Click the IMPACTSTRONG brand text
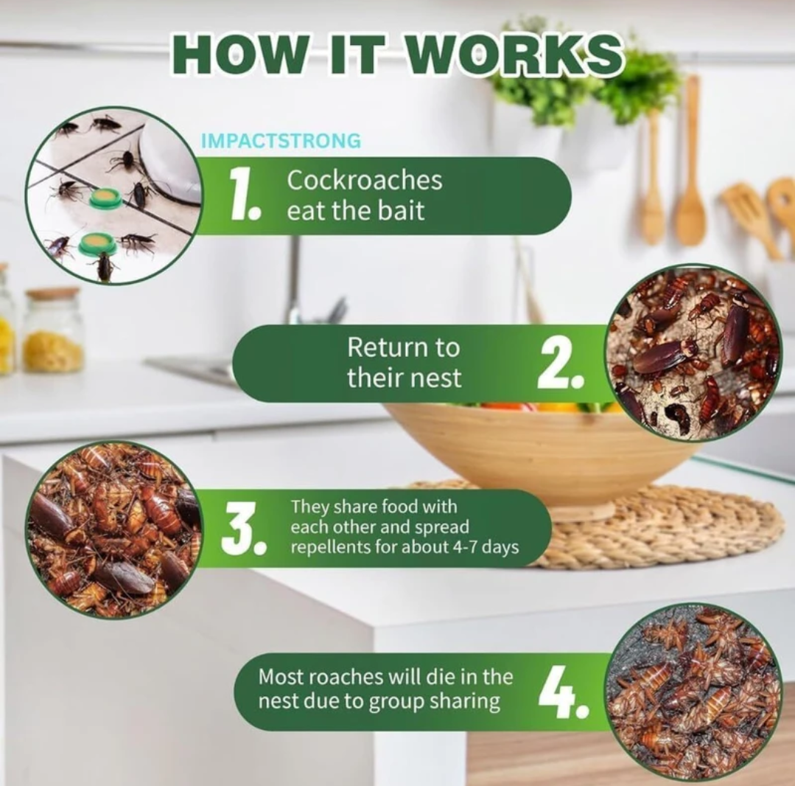point(281,141)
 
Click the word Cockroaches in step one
point(364,181)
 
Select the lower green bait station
point(97,243)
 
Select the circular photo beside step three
point(114,529)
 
